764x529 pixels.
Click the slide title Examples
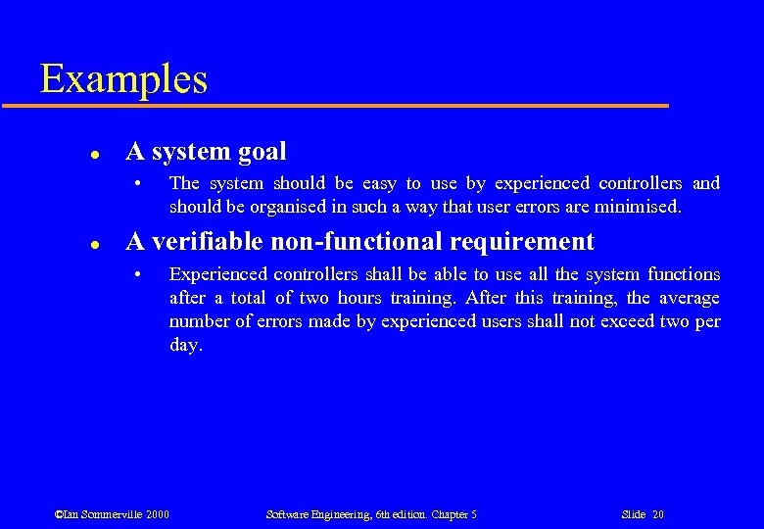click(123, 78)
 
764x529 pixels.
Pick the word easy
click(379, 183)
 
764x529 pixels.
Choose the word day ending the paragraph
click(185, 346)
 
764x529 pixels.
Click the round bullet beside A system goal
click(92, 154)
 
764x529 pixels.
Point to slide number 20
click(657, 514)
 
